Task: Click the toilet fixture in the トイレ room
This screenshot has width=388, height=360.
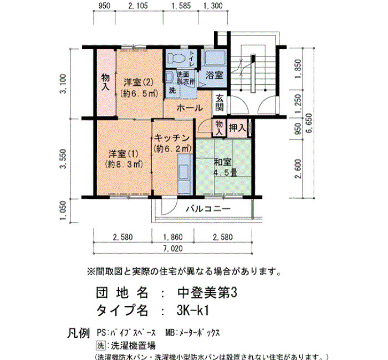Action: pyautogui.click(x=176, y=59)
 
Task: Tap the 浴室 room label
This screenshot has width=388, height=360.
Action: pyautogui.click(x=215, y=75)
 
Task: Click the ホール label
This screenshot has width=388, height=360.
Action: pyautogui.click(x=190, y=108)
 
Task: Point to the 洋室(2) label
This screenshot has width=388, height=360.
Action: pyautogui.click(x=139, y=82)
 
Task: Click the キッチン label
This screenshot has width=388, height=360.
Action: pyautogui.click(x=172, y=138)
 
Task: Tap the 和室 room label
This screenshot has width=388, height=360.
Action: pyautogui.click(x=223, y=162)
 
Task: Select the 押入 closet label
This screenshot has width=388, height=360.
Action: pyautogui.click(x=237, y=128)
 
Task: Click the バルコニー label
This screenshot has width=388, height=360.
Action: pyautogui.click(x=208, y=209)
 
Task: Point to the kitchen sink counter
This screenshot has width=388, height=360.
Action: pyautogui.click(x=185, y=174)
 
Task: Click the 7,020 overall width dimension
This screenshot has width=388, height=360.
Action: pyautogui.click(x=173, y=248)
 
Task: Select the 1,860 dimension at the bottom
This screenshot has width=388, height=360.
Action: pyautogui.click(x=173, y=237)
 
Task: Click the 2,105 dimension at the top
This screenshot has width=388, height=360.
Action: pyautogui.click(x=138, y=6)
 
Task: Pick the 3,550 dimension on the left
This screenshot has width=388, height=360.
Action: pyautogui.click(x=63, y=159)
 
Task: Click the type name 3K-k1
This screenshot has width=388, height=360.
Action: pyautogui.click(x=193, y=311)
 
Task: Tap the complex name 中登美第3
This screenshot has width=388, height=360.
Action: pyautogui.click(x=207, y=293)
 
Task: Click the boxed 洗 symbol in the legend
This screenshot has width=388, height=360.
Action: pyautogui.click(x=101, y=345)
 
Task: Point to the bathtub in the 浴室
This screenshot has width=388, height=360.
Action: pyautogui.click(x=215, y=58)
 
